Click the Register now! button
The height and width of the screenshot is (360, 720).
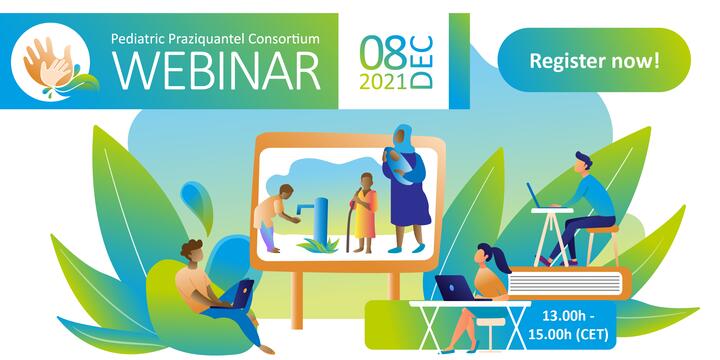click(594, 60)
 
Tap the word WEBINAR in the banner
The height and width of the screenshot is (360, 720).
click(216, 69)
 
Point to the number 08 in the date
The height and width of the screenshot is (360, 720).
click(383, 53)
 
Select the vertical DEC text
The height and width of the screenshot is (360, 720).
click(422, 62)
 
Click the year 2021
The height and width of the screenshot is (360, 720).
click(383, 81)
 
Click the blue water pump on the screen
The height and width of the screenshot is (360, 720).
click(318, 218)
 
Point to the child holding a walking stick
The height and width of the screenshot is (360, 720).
click(364, 212)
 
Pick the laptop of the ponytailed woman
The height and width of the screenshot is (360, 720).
click(457, 288)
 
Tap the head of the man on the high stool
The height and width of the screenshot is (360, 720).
click(583, 163)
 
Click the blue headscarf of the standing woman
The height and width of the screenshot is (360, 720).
click(403, 138)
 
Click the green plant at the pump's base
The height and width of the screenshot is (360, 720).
click(318, 246)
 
